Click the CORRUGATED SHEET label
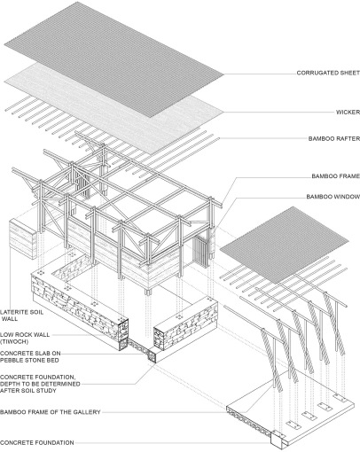(x=328, y=73)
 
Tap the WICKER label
(x=348, y=113)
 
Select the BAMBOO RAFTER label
(x=334, y=138)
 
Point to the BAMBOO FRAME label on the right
(x=336, y=176)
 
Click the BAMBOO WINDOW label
(x=333, y=197)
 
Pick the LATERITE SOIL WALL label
(x=21, y=316)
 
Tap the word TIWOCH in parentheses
(x=14, y=342)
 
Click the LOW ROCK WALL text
(x=25, y=335)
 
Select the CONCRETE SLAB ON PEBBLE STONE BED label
(x=30, y=356)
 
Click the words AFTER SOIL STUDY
(x=28, y=391)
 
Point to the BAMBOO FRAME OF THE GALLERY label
(x=51, y=412)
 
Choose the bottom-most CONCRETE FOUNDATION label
(x=37, y=442)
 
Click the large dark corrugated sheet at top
(x=113, y=59)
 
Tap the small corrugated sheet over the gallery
(x=285, y=245)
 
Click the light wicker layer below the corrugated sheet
(x=113, y=108)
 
